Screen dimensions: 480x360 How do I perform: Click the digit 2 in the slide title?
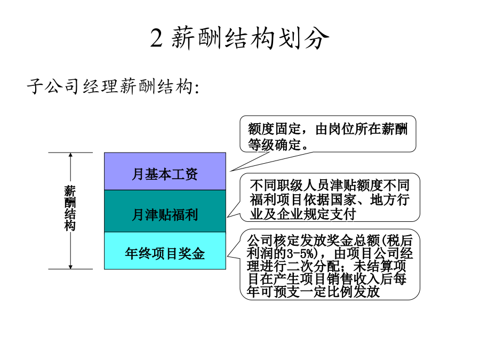(156, 38)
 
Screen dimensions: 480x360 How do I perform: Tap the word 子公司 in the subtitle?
(53, 86)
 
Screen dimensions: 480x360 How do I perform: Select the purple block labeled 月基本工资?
(165, 171)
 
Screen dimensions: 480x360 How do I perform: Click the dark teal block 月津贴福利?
(165, 211)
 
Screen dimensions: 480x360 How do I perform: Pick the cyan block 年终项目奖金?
(165, 251)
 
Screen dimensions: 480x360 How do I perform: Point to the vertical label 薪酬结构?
(70, 208)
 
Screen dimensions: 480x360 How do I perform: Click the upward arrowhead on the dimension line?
(70, 155)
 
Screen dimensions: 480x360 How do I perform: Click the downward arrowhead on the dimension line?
(70, 267)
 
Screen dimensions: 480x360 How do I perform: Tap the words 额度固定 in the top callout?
(275, 129)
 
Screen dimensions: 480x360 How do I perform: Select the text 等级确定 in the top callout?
(275, 145)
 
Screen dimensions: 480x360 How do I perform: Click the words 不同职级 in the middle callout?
(276, 186)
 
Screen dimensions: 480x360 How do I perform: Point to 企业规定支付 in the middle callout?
(316, 214)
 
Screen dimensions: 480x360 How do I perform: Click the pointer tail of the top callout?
(230, 171)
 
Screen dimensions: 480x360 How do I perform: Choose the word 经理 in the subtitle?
(101, 86)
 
